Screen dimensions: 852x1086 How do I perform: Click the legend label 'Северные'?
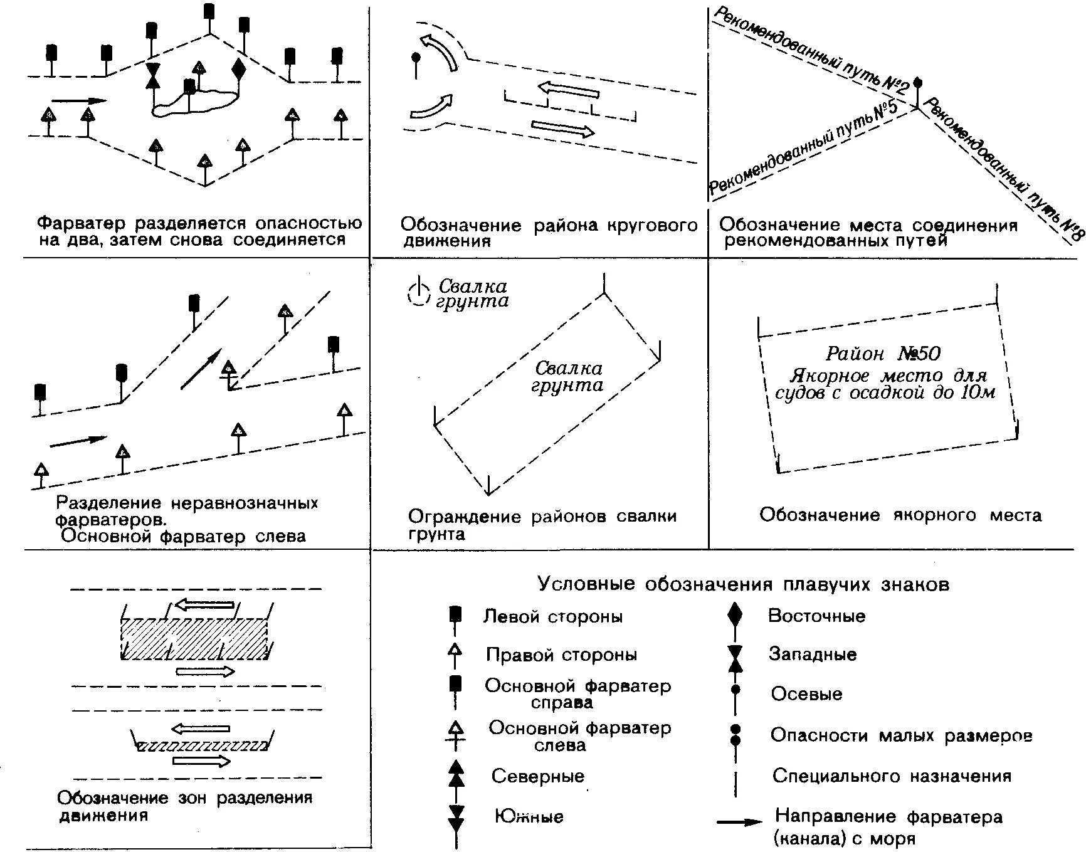(x=537, y=776)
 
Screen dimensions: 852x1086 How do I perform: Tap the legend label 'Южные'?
(x=529, y=816)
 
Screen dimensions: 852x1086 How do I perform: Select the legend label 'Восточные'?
(x=816, y=616)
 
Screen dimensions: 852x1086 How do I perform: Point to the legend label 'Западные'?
(x=813, y=655)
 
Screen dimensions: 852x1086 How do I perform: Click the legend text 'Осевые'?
(x=806, y=694)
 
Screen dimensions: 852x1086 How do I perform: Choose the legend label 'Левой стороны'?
(x=553, y=616)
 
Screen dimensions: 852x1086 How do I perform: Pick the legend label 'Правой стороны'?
(x=561, y=655)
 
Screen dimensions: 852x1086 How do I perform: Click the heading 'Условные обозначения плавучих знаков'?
(x=743, y=584)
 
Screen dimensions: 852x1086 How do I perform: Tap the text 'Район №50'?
(x=883, y=354)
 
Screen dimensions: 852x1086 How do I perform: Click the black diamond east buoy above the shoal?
(x=238, y=69)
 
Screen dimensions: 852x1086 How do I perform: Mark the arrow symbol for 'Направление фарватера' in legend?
(x=739, y=821)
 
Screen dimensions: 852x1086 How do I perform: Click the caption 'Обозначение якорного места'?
(x=900, y=515)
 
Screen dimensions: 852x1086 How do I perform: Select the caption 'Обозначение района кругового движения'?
(x=549, y=233)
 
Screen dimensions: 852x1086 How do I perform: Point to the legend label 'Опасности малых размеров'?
(x=901, y=735)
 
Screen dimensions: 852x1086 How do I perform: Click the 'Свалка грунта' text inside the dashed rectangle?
(x=567, y=377)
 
